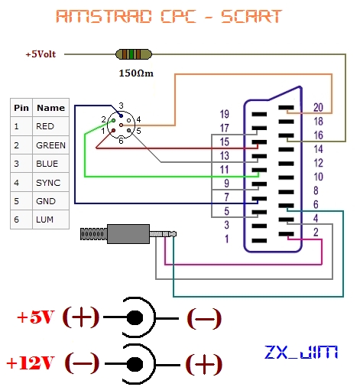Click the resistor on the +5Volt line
tap(132, 54)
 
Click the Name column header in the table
tap(50, 108)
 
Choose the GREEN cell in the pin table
tap(50, 145)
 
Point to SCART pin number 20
tap(318, 107)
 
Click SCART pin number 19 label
tap(225, 114)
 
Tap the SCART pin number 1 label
tap(225, 239)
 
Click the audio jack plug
tap(126, 232)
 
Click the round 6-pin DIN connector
tap(122, 124)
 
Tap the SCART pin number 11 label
tap(225, 169)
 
